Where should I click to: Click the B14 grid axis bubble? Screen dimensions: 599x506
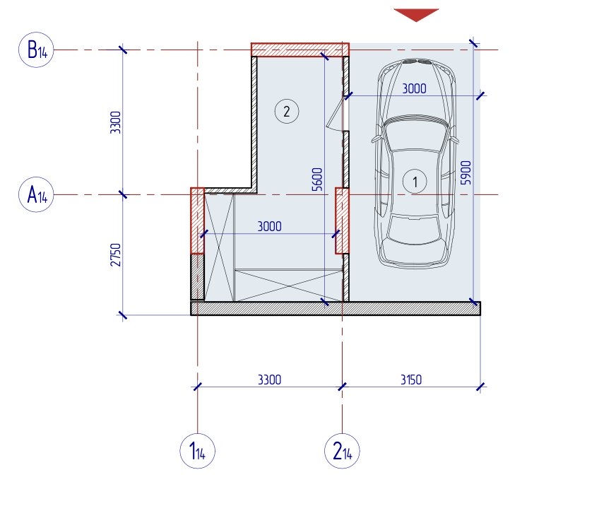(36, 49)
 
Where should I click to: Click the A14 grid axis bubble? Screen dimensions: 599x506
(36, 194)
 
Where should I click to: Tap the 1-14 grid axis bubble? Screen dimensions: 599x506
(198, 451)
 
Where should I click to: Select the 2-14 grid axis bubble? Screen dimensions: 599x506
(342, 451)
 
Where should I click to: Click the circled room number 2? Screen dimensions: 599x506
(287, 112)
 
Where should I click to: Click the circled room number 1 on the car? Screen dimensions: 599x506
(415, 181)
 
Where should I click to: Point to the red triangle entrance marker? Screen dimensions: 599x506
(416, 15)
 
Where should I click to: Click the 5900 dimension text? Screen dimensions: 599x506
(466, 172)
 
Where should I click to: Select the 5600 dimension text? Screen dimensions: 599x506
(317, 180)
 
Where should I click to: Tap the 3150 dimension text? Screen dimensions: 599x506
(411, 380)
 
